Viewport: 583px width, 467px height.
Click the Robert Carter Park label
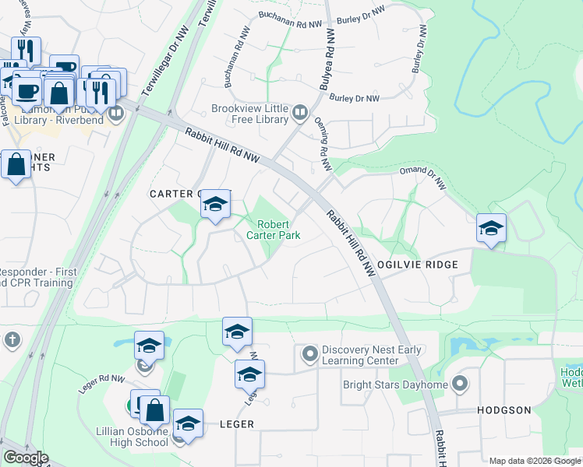(x=273, y=228)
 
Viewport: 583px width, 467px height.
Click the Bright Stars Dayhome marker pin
(x=460, y=384)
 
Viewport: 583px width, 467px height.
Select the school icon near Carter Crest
(x=215, y=205)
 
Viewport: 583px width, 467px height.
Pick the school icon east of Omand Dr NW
(x=491, y=229)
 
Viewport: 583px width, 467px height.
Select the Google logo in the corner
(x=26, y=458)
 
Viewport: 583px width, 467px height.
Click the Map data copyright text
(x=534, y=462)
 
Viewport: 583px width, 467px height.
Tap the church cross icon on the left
(x=11, y=339)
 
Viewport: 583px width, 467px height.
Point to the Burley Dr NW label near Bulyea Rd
(x=354, y=98)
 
